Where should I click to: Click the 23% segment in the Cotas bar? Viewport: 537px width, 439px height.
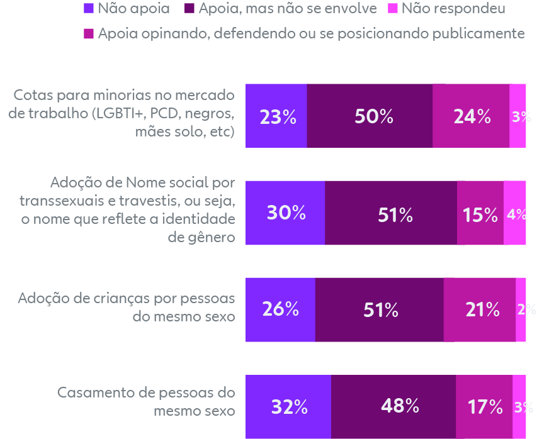tap(276, 116)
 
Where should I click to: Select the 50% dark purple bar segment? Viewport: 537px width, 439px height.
tap(370, 116)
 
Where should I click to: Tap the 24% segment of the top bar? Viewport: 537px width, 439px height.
tap(471, 116)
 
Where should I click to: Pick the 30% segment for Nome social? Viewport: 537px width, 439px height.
tap(285, 213)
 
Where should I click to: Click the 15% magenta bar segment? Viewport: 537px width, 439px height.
tap(480, 213)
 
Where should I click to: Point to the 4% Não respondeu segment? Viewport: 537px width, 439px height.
tap(515, 213)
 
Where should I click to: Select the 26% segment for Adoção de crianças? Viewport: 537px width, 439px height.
tap(280, 309)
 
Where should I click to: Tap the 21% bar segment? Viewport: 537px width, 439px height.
tap(479, 309)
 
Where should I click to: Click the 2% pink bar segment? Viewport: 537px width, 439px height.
tap(521, 309)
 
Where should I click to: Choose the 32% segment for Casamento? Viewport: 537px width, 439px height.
tap(288, 406)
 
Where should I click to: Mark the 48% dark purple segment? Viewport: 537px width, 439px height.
tap(393, 406)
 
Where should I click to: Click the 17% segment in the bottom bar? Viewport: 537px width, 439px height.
tap(484, 406)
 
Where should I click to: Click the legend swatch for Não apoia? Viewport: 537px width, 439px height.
tap(89, 9)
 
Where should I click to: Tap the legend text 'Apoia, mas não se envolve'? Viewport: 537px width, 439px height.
tap(287, 9)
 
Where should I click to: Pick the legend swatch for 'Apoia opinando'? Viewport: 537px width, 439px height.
tap(89, 34)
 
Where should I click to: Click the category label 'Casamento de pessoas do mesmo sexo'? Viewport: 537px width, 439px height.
tap(146, 401)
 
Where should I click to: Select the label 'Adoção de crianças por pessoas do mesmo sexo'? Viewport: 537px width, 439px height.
tap(126, 306)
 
